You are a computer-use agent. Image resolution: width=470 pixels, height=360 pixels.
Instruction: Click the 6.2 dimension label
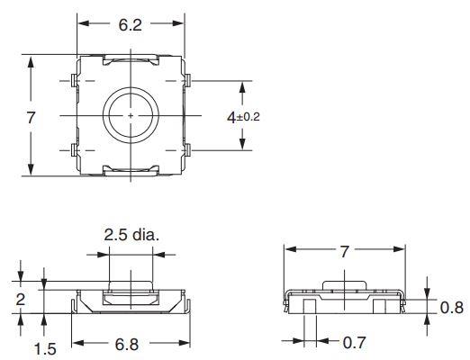click(x=130, y=25)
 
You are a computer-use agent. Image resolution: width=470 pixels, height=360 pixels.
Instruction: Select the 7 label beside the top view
click(x=31, y=117)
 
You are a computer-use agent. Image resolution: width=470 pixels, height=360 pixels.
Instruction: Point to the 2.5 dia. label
click(x=131, y=235)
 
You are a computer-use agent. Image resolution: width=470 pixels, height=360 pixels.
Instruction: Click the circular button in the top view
click(x=131, y=116)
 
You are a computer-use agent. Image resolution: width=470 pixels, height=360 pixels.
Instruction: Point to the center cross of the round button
click(x=131, y=116)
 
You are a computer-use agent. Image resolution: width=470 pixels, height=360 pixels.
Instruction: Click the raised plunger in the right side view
click(x=346, y=285)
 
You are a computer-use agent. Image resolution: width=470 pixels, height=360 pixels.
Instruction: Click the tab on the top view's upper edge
click(x=131, y=61)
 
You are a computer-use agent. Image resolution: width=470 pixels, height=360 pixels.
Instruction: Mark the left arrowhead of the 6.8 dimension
click(x=76, y=343)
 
